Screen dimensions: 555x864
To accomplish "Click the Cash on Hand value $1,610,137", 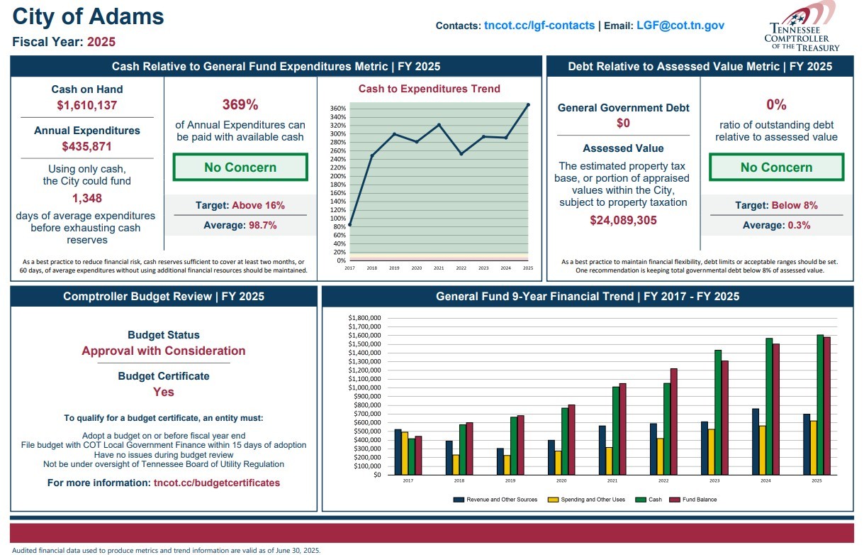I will click(x=86, y=106).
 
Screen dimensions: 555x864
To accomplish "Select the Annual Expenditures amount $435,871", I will click(x=86, y=147).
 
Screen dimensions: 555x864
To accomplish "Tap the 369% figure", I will click(x=240, y=105).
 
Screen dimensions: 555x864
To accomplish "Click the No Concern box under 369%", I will click(x=240, y=167).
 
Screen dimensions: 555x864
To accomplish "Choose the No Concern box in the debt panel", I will click(x=776, y=167).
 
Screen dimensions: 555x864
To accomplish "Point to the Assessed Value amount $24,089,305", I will click(x=623, y=220).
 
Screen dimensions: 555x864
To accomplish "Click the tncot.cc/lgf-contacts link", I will click(x=539, y=26).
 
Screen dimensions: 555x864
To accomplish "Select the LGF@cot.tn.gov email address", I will click(x=680, y=26).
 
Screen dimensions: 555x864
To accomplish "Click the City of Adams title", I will click(x=89, y=17).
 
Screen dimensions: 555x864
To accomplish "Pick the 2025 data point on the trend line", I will click(x=528, y=105).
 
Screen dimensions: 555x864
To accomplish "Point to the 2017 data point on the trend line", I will click(x=349, y=224).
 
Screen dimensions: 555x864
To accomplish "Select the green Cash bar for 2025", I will click(x=820, y=405).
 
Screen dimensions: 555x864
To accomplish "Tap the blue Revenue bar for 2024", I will click(x=756, y=441).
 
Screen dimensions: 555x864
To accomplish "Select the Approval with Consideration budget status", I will click(x=164, y=351).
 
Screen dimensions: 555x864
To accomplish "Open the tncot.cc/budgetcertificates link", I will click(x=217, y=483).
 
